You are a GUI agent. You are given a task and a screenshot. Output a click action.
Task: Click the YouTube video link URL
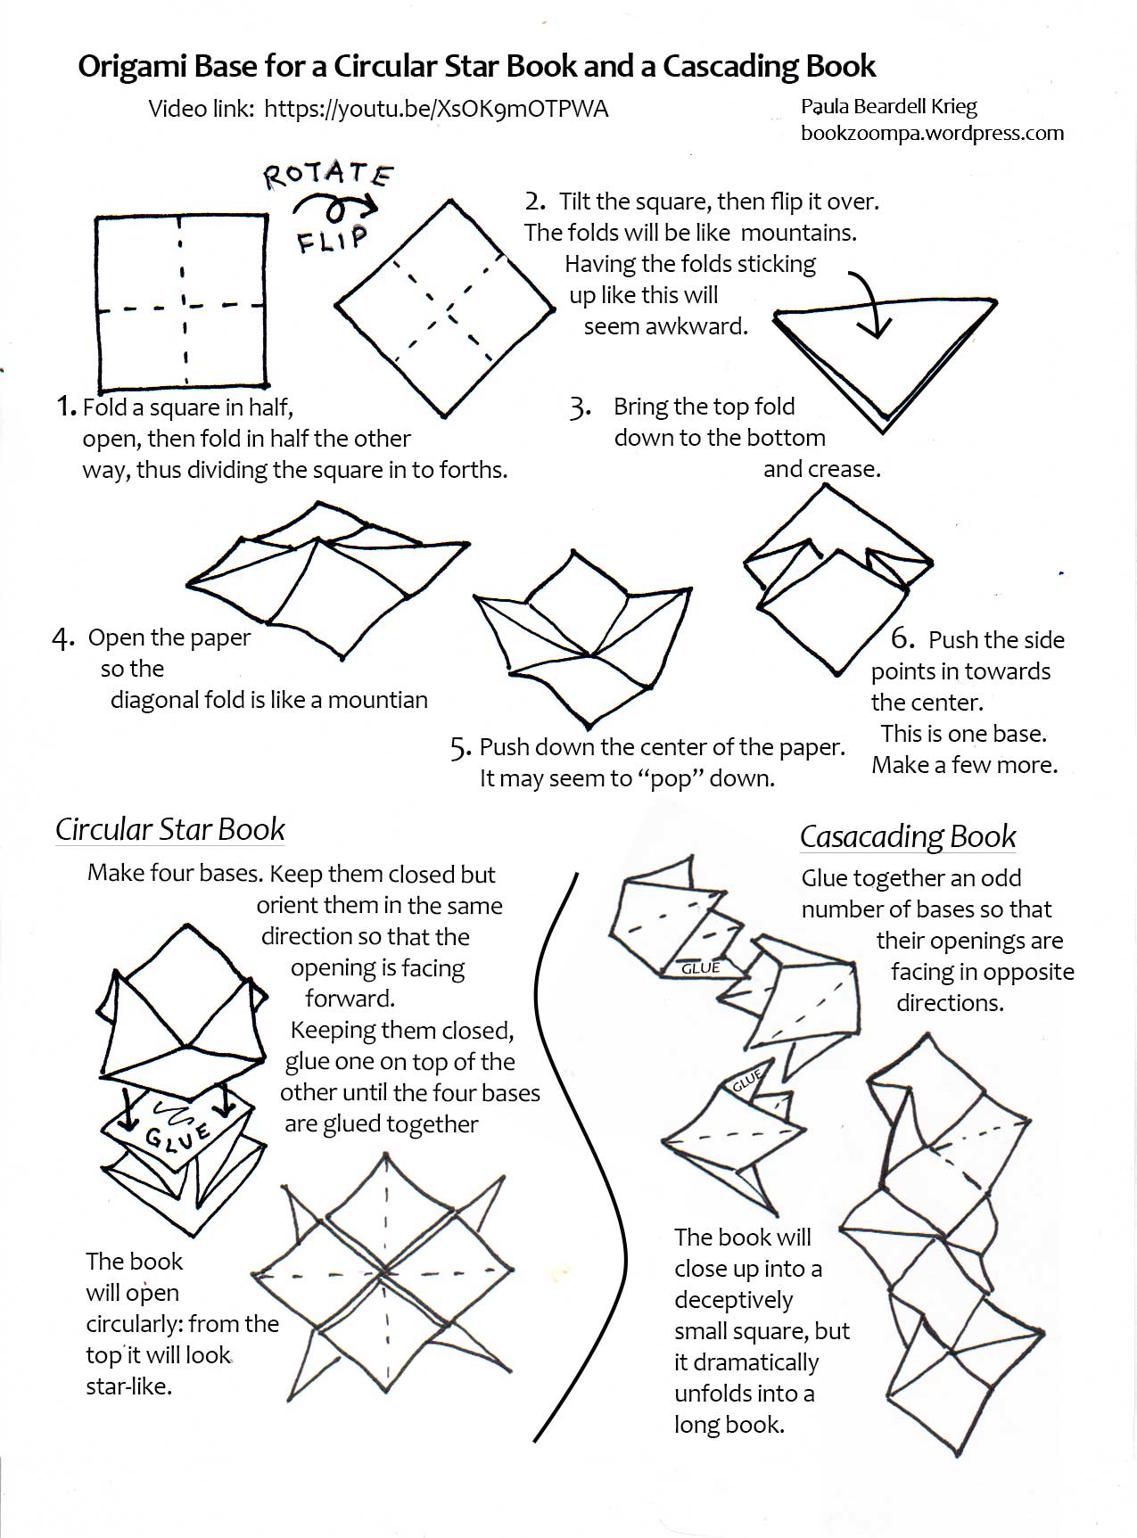coord(436,109)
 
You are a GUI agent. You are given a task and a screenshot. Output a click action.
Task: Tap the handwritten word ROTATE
coord(328,175)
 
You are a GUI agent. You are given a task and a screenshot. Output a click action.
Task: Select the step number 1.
coord(66,407)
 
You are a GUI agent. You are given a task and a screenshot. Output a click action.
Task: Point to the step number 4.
coord(62,638)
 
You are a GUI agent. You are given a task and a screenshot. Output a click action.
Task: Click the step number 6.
coord(902,638)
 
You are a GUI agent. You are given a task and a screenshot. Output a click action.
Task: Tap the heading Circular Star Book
coord(169,829)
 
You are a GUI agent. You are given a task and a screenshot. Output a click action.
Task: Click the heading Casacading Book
coord(907,836)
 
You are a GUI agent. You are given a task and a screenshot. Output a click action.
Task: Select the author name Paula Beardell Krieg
coord(888,107)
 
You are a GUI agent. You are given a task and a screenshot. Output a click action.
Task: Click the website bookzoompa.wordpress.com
coord(932,133)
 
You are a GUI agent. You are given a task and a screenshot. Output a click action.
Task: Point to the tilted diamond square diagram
coord(443,308)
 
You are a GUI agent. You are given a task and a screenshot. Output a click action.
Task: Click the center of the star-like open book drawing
coord(385,1271)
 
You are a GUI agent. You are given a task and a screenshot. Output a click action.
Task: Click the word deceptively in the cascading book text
coord(733,1300)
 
